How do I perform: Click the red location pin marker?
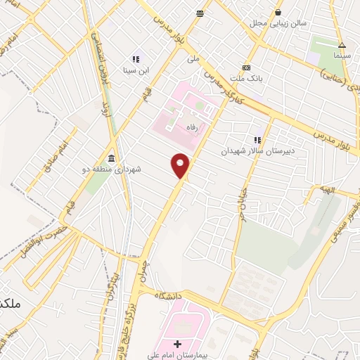pyautogui.click(x=181, y=165)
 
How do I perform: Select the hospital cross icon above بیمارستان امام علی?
pyautogui.click(x=177, y=343)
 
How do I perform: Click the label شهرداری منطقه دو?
pyautogui.click(x=112, y=169)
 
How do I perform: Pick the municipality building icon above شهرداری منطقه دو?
pyautogui.click(x=112, y=157)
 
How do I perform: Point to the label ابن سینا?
pyautogui.click(x=134, y=71)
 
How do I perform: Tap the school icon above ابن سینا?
pyautogui.click(x=135, y=60)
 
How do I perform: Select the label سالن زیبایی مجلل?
pyautogui.click(x=278, y=23)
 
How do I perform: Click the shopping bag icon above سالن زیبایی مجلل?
pyautogui.click(x=278, y=11)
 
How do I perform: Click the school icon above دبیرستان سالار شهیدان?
pyautogui.click(x=257, y=139)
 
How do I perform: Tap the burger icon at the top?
pyautogui.click(x=200, y=13)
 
